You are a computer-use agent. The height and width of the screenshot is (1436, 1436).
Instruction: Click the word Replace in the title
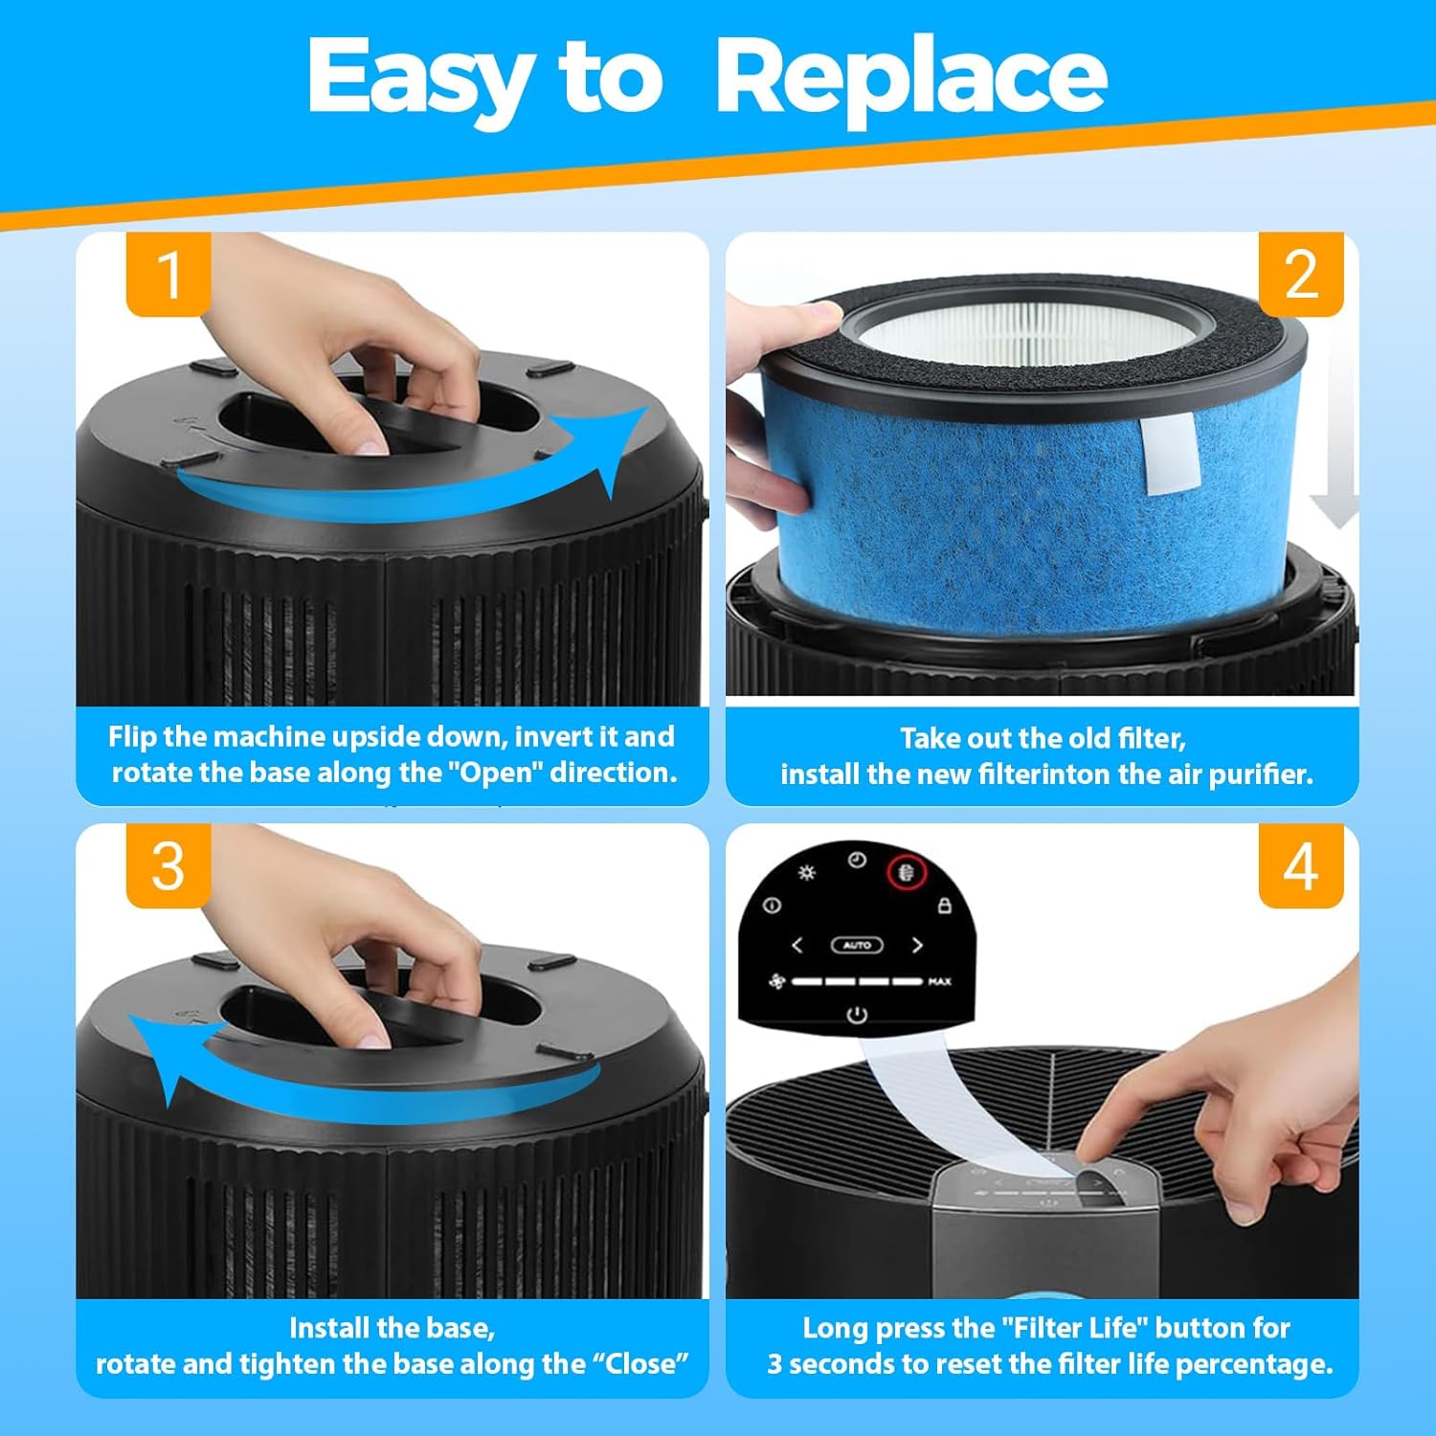point(910,77)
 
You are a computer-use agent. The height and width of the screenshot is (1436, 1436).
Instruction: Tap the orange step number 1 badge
point(168,275)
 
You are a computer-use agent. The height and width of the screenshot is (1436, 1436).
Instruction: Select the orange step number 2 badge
point(1300,275)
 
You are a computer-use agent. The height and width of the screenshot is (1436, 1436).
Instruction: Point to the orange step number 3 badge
point(168,866)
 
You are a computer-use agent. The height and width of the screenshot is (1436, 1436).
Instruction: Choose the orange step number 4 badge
point(1300,866)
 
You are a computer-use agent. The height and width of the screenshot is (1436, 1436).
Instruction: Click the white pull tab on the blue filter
point(1171,456)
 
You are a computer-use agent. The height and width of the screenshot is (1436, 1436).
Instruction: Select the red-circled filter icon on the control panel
point(906,872)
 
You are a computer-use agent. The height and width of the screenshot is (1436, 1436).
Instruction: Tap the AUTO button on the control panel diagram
point(857,945)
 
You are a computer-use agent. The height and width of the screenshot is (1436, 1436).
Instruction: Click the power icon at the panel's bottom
point(857,1014)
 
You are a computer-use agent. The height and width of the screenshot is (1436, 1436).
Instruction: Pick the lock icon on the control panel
point(944,906)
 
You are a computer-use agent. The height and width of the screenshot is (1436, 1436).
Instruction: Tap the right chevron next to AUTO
point(917,945)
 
